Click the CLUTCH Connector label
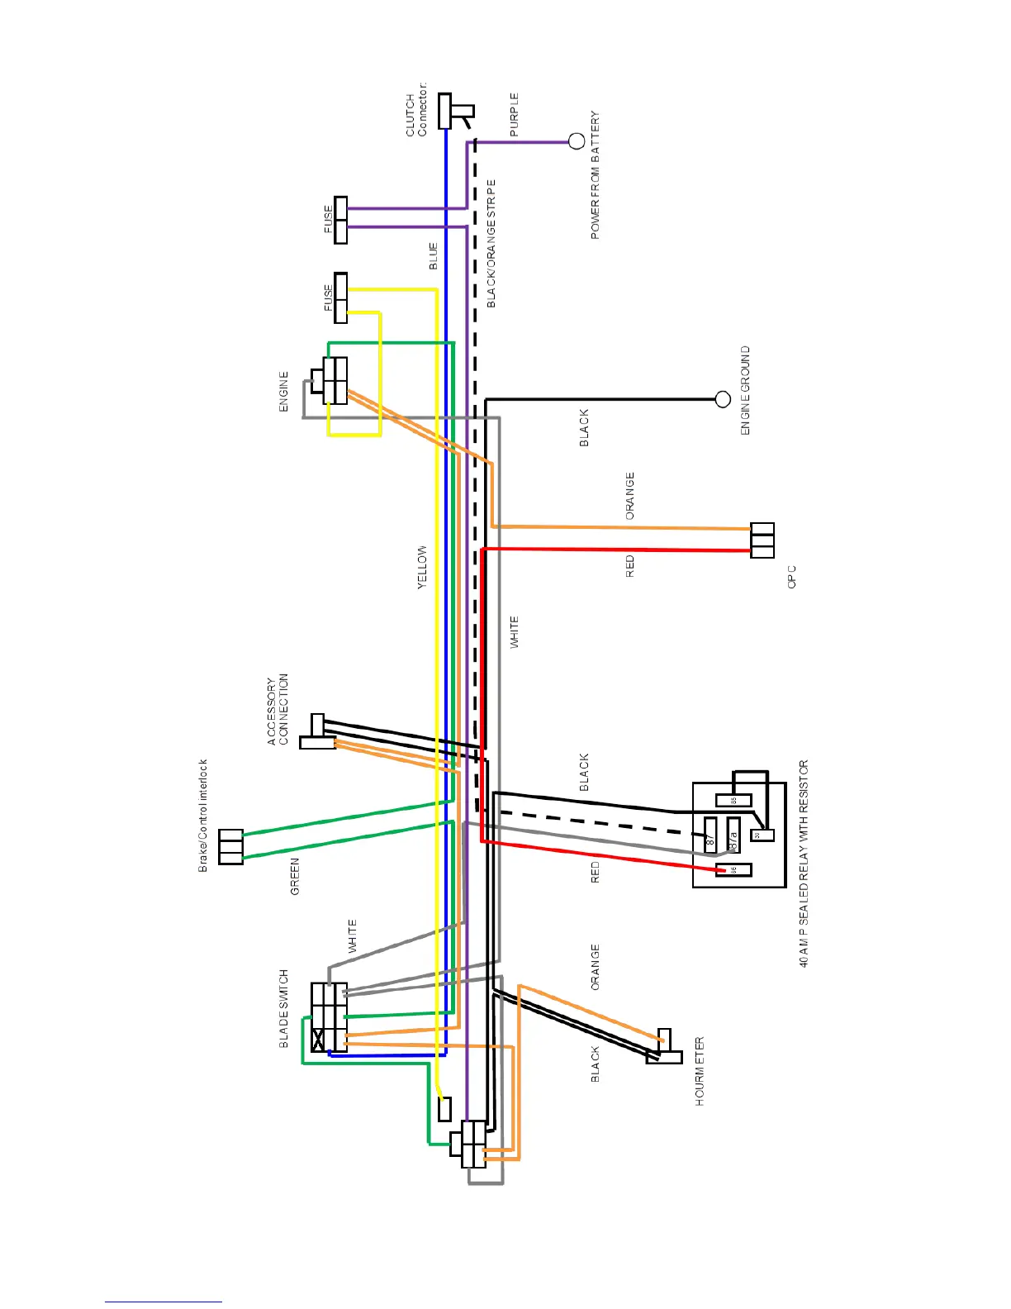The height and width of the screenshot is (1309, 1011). (416, 109)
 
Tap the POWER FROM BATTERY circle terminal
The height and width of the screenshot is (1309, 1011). (577, 142)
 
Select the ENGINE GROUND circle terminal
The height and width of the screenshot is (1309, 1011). (723, 400)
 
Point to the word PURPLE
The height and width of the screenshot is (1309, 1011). (515, 115)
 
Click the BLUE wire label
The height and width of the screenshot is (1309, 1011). (433, 256)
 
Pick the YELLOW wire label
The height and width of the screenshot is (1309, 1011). (422, 567)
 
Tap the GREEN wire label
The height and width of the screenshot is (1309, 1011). (295, 876)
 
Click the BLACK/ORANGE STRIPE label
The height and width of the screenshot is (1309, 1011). (491, 243)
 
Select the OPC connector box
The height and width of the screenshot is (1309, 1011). (762, 540)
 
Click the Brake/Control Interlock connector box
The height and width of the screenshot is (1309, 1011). (231, 847)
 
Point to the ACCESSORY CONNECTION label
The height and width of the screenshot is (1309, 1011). (278, 710)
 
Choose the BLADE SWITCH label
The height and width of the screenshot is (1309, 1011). (284, 1008)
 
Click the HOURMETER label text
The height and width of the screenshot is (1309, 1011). (700, 1071)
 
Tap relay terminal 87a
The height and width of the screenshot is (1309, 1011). (733, 835)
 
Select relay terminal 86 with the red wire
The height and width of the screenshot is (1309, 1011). (733, 869)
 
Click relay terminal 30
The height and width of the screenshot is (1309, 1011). (762, 835)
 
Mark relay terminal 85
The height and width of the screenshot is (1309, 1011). (733, 800)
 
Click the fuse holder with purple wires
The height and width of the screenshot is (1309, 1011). (340, 221)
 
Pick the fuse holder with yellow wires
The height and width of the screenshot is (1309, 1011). (340, 297)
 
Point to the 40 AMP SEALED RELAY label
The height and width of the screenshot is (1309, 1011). (804, 864)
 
